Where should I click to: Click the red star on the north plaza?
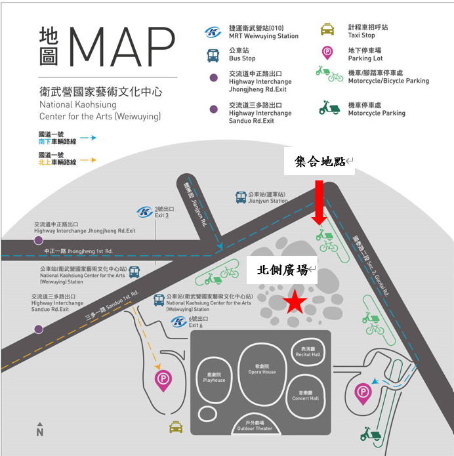coord(295,302)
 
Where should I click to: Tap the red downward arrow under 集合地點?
coord(319,203)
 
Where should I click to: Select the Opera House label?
coord(262,369)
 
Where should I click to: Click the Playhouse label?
coord(214,377)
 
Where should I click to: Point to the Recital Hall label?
coord(308,352)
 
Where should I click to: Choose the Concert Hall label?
coord(305,396)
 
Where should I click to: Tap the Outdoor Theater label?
coord(255,426)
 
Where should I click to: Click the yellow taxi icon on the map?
coord(176,427)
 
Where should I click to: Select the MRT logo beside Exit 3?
coord(144,212)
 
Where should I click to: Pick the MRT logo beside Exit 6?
coord(178,321)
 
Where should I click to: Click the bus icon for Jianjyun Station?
coord(241,197)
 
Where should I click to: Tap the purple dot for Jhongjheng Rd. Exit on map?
coord(39,241)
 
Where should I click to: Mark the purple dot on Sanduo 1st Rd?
coord(39,329)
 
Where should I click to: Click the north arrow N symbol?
coord(40,430)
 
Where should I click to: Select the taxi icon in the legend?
coord(327,30)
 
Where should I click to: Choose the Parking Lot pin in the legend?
coord(327,53)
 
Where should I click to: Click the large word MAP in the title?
coord(122,47)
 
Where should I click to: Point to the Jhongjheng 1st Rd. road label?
coord(78,251)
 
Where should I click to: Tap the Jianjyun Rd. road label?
coord(195,205)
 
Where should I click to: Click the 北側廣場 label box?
coord(282,270)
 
